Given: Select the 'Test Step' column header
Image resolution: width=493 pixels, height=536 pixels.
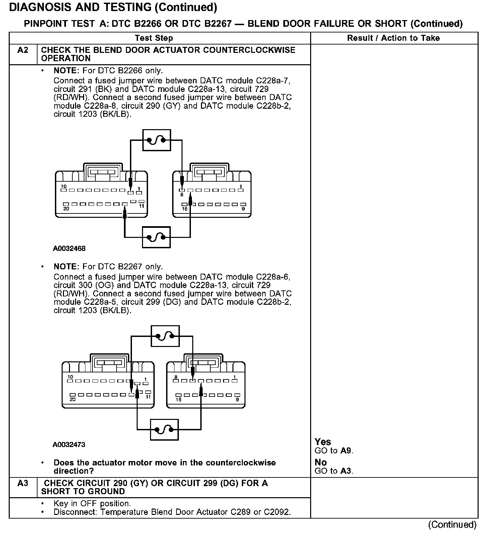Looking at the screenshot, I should click(154, 38).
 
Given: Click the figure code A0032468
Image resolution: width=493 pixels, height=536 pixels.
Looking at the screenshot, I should click(69, 249).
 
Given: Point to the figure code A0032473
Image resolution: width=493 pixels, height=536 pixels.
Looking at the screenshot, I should click(69, 445).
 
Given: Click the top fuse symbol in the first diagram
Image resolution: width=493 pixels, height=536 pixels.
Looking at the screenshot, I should click(156, 140).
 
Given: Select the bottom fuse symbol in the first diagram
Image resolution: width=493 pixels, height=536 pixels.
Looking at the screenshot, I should click(156, 237).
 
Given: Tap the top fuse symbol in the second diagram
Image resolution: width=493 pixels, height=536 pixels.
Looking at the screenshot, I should click(165, 336).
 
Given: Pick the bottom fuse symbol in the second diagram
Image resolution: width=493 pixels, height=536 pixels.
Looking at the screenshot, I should click(164, 430).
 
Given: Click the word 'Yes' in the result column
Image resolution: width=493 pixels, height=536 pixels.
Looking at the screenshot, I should click(323, 442).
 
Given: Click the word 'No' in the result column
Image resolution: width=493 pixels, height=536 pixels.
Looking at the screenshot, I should click(321, 462).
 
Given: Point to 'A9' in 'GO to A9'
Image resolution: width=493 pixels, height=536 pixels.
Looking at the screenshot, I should click(346, 451).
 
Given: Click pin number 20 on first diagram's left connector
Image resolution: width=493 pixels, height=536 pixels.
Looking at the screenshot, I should click(66, 209).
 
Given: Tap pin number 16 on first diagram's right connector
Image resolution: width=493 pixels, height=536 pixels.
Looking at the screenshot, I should click(185, 209).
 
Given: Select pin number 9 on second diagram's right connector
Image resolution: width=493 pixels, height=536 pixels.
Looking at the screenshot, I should click(237, 399).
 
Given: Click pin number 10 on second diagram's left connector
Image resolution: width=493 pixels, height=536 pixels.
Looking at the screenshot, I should click(70, 377).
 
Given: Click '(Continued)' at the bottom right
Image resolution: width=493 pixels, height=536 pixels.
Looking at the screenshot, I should click(452, 525).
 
